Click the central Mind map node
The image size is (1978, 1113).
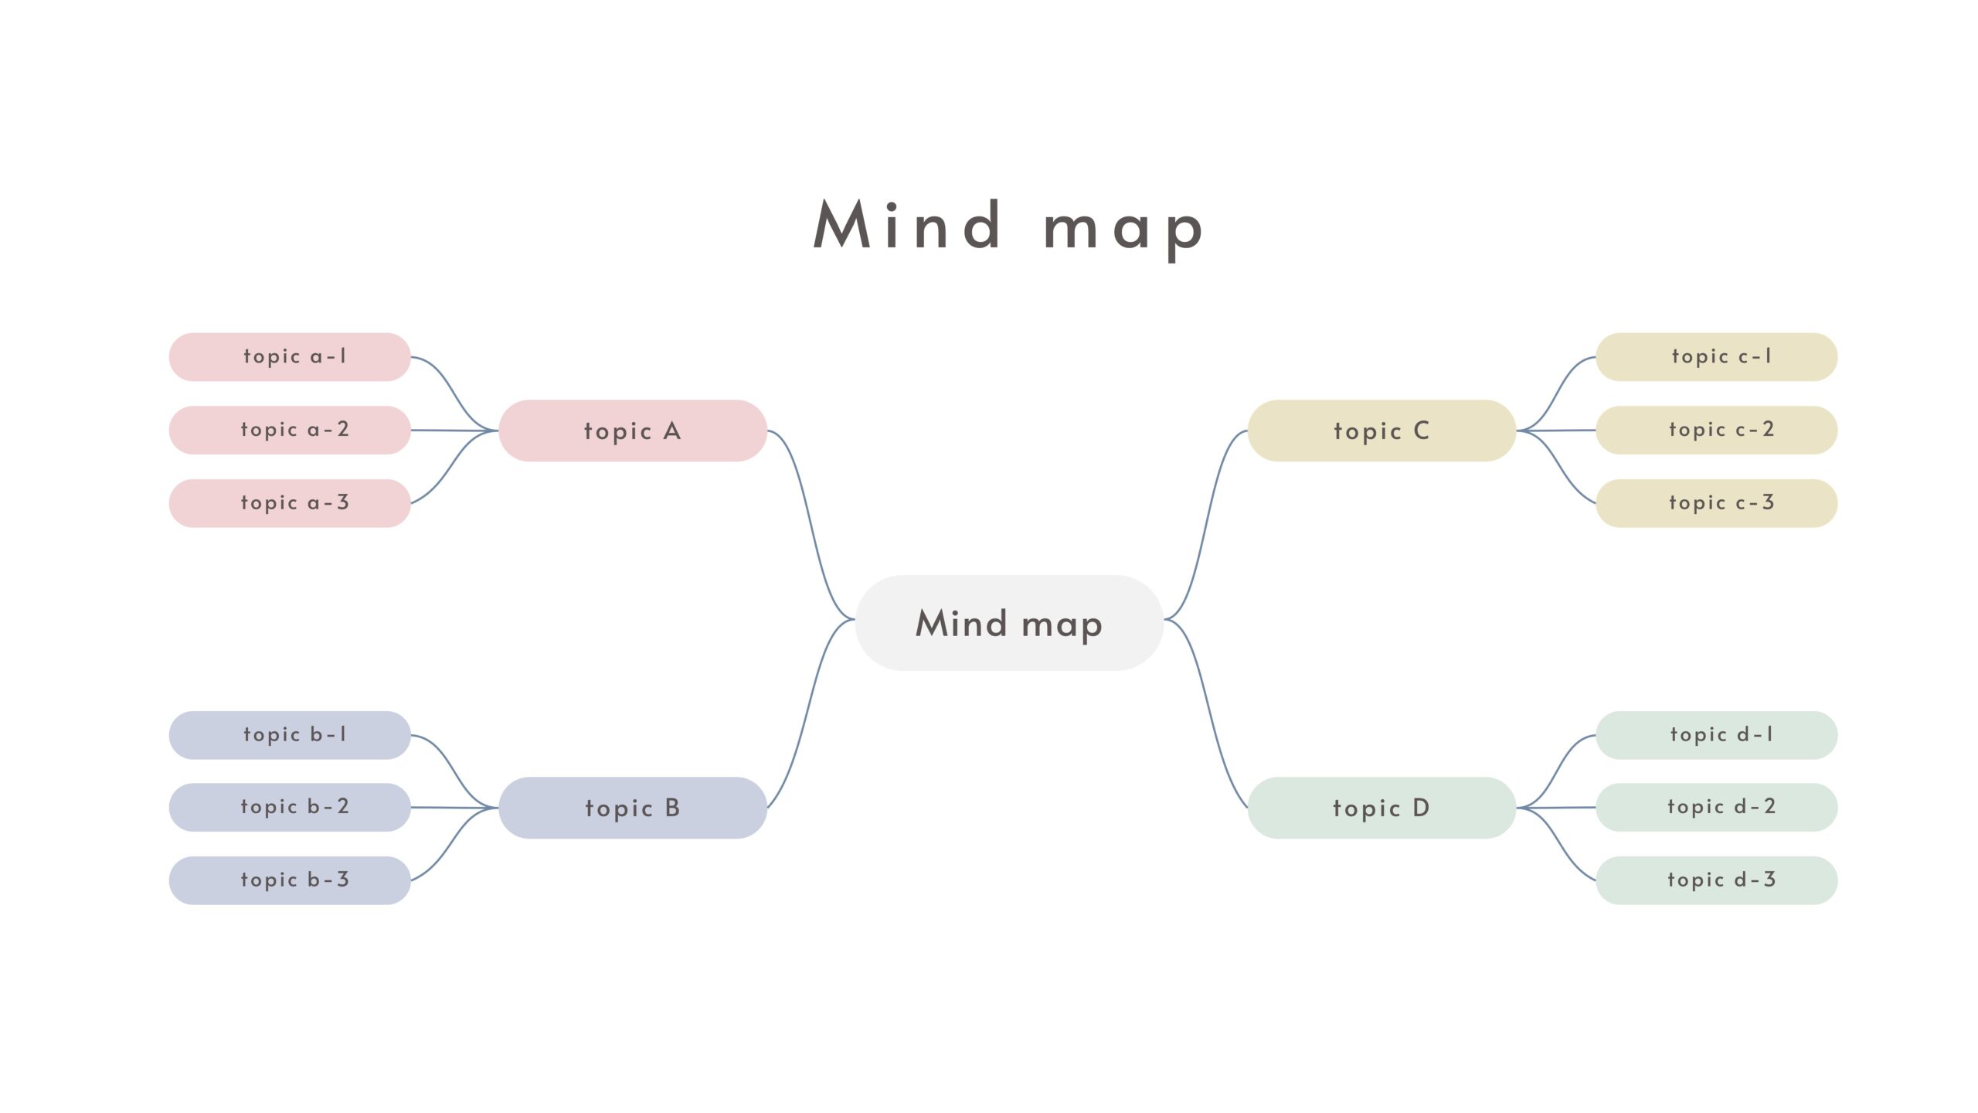click(1009, 623)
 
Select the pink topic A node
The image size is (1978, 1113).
click(632, 431)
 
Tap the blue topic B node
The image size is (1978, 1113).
click(632, 808)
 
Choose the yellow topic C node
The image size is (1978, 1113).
click(1382, 431)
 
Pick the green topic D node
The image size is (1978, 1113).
click(1382, 808)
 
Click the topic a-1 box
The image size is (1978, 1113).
click(290, 357)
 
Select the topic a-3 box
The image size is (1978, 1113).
click(290, 503)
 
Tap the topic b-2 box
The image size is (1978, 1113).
click(290, 807)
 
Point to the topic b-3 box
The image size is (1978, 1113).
click(290, 880)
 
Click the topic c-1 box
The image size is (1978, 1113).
click(1716, 357)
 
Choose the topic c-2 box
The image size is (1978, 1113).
click(1716, 430)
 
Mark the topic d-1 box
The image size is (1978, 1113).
click(1716, 735)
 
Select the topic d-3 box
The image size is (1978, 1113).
click(1716, 880)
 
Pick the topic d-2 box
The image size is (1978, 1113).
click(1716, 807)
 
